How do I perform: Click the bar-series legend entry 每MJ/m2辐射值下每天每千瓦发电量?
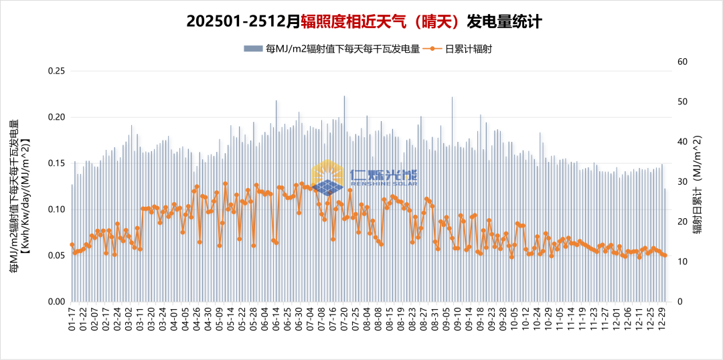click(x=332, y=49)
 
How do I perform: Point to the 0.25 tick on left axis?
click(x=57, y=71)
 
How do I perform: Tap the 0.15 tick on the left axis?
click(x=57, y=163)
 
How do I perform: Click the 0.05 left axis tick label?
click(x=57, y=256)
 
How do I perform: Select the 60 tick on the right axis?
click(x=682, y=62)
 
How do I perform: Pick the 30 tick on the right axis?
click(x=682, y=181)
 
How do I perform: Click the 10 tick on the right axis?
click(x=682, y=262)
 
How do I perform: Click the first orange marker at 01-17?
click(x=72, y=245)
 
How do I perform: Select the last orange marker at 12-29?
click(x=664, y=255)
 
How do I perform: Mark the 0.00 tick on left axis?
click(x=57, y=302)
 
